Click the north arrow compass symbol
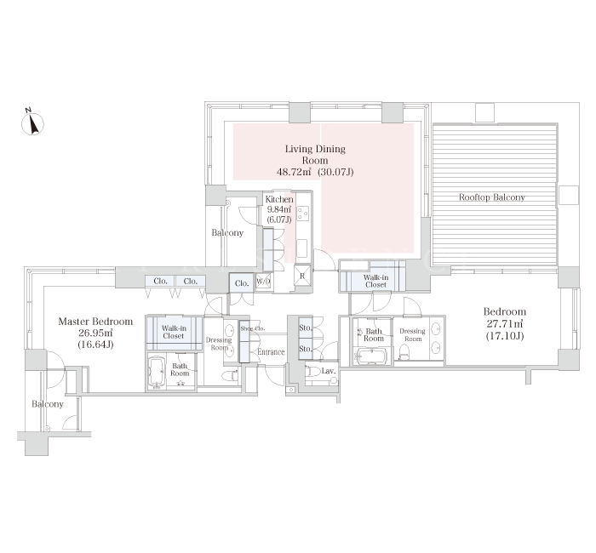[32, 122]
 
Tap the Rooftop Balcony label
[492, 197]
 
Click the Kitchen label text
[279, 199]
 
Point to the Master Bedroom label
[95, 322]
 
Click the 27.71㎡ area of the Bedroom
[505, 324]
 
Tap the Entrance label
[271, 352]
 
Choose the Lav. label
[328, 371]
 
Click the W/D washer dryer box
[263, 282]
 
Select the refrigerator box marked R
[302, 275]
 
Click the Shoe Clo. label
[252, 328]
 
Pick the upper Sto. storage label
[305, 328]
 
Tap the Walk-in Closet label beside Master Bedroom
[174, 332]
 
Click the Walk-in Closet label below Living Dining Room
[375, 281]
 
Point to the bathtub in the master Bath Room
[156, 373]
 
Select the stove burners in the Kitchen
[303, 213]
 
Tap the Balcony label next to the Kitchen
[227, 233]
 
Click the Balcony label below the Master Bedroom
[48, 404]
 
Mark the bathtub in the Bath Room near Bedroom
[370, 356]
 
